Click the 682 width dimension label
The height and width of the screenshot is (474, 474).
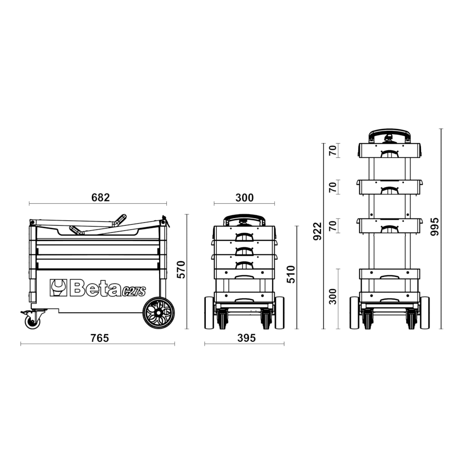(x=100, y=197)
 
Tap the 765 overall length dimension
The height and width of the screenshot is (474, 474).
(x=100, y=338)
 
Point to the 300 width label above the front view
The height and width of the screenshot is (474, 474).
(x=245, y=198)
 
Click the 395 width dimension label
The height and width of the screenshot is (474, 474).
(x=246, y=338)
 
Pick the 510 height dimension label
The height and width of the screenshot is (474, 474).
(x=291, y=274)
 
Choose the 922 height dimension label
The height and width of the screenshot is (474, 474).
(x=318, y=231)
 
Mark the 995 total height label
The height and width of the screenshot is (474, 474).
(x=435, y=227)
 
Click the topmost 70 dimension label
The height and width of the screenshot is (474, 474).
(x=333, y=151)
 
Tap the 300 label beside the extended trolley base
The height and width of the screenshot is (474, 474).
(x=333, y=297)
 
